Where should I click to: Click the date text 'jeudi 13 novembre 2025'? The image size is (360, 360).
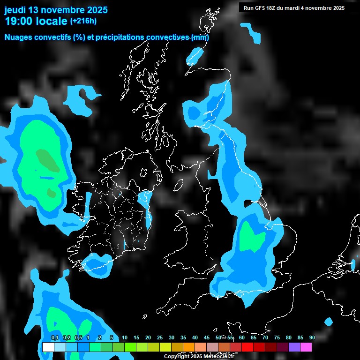pos(56,10)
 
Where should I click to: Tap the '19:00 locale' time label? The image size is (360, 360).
pos(36,21)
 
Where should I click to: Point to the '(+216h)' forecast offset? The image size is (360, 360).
pos(83,21)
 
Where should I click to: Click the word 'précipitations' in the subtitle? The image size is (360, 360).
pos(120,37)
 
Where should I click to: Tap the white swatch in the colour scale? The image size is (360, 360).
pos(48,347)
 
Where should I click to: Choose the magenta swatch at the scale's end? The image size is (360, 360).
pos(306,347)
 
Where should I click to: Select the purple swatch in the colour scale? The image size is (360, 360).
pos(294,347)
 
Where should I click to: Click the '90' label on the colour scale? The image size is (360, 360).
pos(312,337)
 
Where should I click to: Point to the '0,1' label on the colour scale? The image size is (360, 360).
pos(54,337)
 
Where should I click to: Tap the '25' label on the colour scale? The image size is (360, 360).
pos(159,337)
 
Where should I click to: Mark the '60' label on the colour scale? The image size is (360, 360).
pos(242,337)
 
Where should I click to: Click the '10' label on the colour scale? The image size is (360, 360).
pos(124,337)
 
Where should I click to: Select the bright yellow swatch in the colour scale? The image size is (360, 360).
pos(165,347)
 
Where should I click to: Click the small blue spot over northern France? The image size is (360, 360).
pos(328,322)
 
